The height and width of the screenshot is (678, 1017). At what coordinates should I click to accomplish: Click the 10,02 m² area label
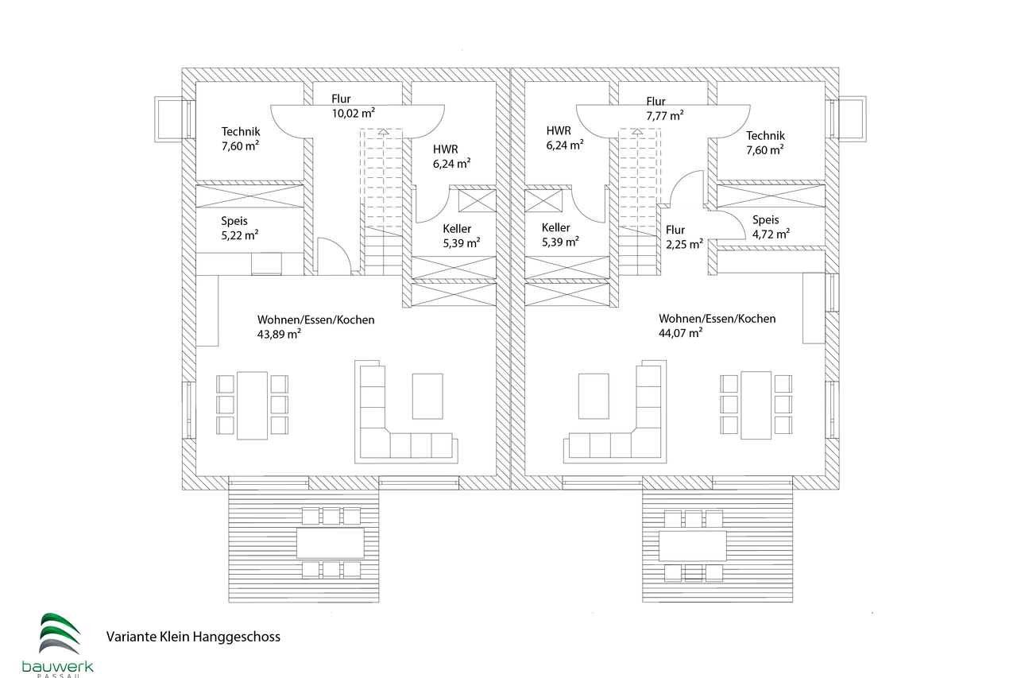[354, 113]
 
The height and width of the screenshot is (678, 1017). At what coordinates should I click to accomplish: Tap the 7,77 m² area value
[665, 116]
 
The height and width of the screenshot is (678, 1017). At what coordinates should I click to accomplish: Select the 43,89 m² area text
[279, 335]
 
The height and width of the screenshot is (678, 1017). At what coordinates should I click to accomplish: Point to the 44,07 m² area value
[681, 333]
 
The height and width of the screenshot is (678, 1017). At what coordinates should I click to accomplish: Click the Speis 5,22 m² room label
[240, 228]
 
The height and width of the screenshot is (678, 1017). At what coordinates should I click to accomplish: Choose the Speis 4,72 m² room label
[771, 227]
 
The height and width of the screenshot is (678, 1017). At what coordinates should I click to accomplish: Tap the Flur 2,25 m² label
[684, 237]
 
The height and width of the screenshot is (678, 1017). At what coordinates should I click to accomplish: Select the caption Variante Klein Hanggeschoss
[193, 637]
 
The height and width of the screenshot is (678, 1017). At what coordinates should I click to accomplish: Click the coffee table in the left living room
[427, 396]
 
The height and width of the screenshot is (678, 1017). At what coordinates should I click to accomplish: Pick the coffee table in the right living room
[594, 396]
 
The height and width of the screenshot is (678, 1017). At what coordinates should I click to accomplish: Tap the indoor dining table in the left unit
[252, 405]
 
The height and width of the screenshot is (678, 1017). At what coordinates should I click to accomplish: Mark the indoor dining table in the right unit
[756, 405]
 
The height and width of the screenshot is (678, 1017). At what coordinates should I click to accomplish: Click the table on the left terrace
[331, 543]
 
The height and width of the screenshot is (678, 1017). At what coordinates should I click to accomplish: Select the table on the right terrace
[692, 546]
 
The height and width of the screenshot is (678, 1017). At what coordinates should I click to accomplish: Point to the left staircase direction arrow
[384, 133]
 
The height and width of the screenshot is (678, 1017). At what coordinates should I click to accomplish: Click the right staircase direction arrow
[637, 132]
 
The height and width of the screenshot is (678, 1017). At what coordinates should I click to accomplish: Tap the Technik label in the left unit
[241, 132]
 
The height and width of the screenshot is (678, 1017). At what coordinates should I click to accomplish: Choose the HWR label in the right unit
[559, 131]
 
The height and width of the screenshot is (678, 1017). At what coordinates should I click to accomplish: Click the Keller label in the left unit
[457, 229]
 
